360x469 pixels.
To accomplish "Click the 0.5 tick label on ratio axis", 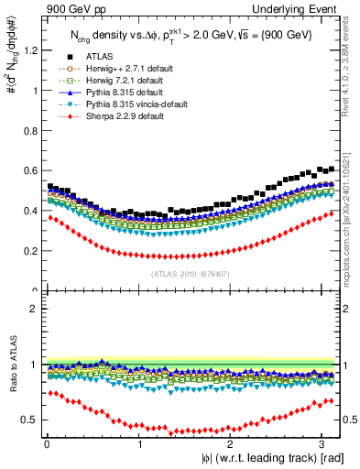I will point(30,420).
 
